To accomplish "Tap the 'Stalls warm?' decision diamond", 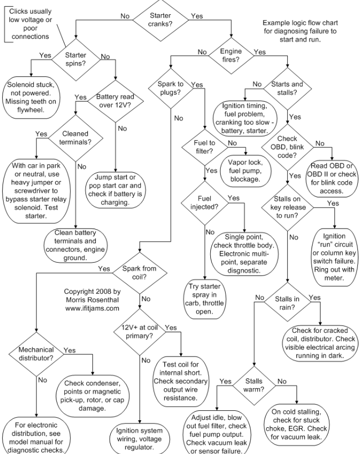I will pyautogui.click(x=254, y=384).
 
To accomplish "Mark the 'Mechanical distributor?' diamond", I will pyautogui.click(x=37, y=354).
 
